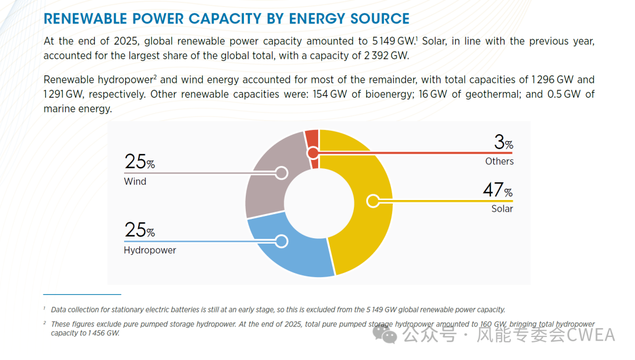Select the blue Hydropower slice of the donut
294,253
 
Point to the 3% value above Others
503,142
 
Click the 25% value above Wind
139,162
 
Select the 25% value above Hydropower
139,230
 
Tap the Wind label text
135,181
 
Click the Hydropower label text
150,250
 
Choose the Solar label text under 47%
502,209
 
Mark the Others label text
499,161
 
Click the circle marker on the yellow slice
372,201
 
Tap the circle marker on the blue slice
281,241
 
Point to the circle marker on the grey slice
281,173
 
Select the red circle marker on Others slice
313,153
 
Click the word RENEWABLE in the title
85,19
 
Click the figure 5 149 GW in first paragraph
393,41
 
